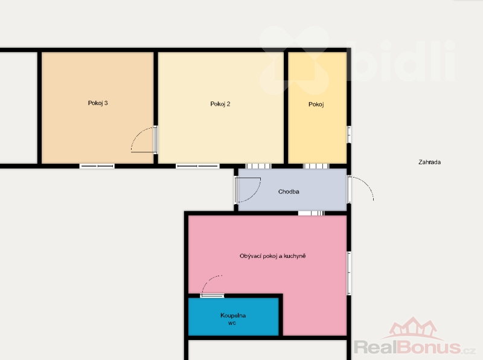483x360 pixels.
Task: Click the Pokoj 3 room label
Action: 98,103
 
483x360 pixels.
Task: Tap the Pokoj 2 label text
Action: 220,104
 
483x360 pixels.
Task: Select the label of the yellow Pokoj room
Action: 316,104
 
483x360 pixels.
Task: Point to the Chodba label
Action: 289,191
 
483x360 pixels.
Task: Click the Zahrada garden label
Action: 429,162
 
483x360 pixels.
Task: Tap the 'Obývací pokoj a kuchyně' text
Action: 273,256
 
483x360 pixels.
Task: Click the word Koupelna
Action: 233,315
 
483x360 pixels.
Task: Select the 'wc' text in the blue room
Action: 232,323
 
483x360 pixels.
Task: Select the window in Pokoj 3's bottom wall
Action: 97,166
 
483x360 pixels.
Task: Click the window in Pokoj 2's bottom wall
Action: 198,166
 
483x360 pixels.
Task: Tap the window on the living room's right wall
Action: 349,273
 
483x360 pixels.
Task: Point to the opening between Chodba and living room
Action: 312,213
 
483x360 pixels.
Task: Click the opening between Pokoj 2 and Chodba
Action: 258,166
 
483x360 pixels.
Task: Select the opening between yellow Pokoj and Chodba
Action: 316,166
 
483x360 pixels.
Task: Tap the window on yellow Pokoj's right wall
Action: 349,134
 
